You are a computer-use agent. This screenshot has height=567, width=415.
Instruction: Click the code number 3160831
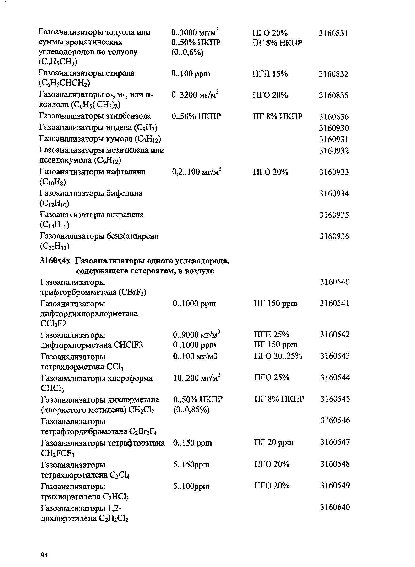coord(333,33)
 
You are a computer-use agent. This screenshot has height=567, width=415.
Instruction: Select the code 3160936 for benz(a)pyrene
coord(334,236)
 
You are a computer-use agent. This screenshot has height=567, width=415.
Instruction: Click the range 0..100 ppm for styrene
coord(191,74)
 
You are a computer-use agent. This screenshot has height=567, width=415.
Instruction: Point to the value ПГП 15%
coord(270,74)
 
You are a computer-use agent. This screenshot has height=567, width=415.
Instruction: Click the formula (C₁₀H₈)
coord(53,182)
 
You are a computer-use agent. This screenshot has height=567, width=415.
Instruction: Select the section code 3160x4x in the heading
coord(55,261)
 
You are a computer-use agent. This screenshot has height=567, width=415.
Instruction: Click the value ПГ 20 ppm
coord(274,442)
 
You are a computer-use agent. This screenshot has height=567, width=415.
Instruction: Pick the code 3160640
coord(335,507)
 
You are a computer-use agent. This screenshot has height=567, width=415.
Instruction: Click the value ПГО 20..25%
coord(278,356)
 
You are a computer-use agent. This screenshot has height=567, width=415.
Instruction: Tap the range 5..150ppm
coord(191,464)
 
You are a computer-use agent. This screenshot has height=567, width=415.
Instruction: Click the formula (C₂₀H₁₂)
coord(55,247)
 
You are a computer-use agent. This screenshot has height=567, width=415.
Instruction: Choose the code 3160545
coord(335,399)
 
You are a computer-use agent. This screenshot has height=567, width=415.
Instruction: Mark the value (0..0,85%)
coord(191,410)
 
